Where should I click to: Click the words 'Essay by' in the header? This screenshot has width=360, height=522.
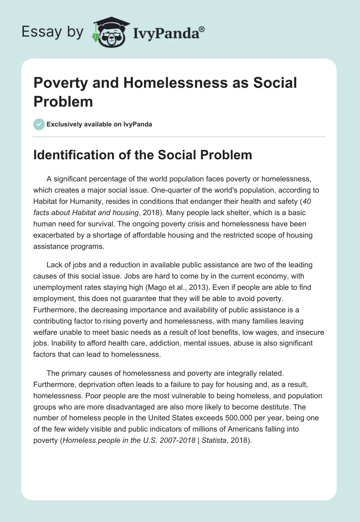click(x=52, y=32)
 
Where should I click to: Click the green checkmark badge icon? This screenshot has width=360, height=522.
click(x=39, y=124)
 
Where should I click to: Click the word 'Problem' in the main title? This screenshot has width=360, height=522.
click(x=63, y=102)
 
